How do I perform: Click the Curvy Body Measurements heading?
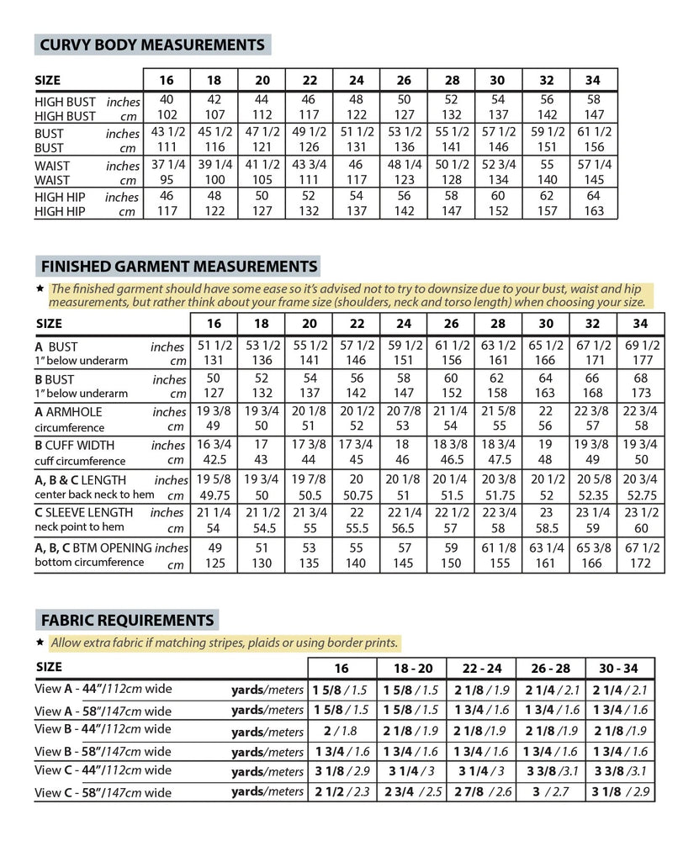coord(151,45)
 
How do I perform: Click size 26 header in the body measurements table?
coord(404,81)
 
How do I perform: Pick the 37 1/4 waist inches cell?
coord(167,166)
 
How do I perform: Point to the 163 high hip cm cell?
coord(593,213)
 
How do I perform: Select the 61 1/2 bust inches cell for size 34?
coord(593,133)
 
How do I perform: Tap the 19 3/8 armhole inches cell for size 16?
coord(214,412)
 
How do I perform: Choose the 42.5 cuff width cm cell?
coord(214,460)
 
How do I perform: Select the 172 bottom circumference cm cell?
coord(640,563)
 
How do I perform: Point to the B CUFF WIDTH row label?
coord(75,445)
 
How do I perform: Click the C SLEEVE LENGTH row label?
coord(83,512)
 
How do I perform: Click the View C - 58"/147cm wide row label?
coord(103,792)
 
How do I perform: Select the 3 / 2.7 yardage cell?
coord(550,791)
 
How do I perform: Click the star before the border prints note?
coord(40,643)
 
